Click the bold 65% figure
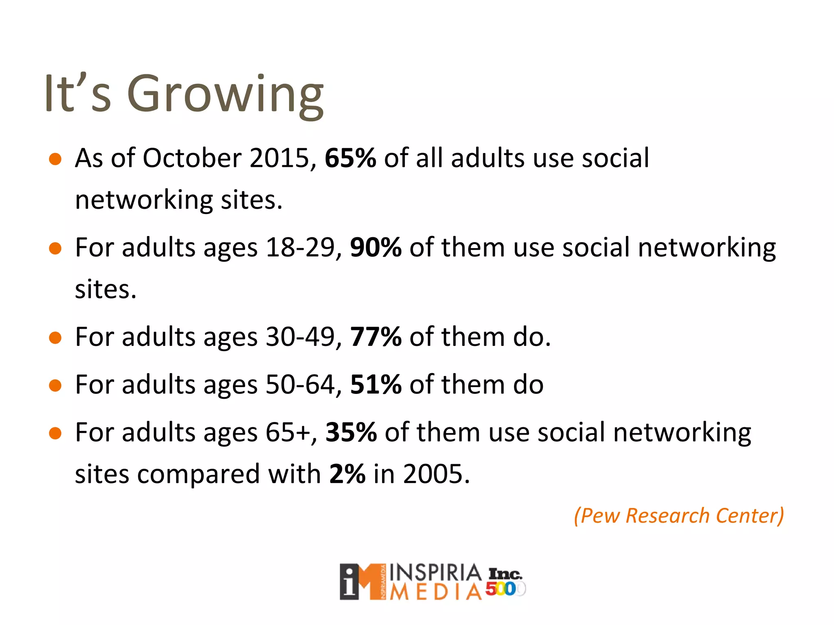(x=350, y=158)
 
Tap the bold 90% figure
(x=375, y=247)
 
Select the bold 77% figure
(x=375, y=337)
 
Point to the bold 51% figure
(x=375, y=385)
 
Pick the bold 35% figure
(x=351, y=432)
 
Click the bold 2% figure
(x=347, y=474)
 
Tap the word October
(x=191, y=158)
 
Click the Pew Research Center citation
(x=678, y=516)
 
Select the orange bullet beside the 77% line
(x=55, y=338)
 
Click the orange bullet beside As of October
(x=55, y=159)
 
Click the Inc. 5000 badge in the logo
(x=505, y=582)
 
